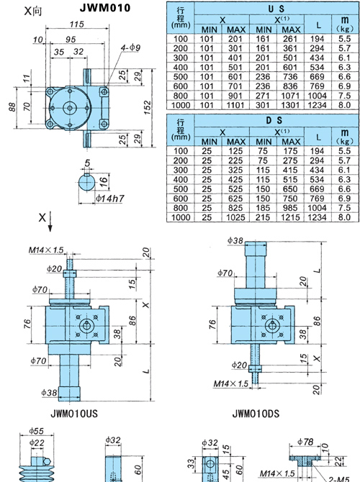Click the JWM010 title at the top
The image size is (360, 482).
pos(105,8)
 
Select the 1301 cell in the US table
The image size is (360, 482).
pos(290,105)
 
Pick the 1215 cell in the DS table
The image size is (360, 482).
pos(290,217)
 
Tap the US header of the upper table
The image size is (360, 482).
pos(276,9)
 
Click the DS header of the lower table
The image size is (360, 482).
pos(274,120)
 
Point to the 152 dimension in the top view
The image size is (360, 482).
pos(148,108)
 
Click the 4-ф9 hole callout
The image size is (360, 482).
pos(130,47)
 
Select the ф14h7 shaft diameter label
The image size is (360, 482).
pos(109,199)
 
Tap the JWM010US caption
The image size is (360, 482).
pos(74,414)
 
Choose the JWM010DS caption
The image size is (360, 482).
pos(256,414)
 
